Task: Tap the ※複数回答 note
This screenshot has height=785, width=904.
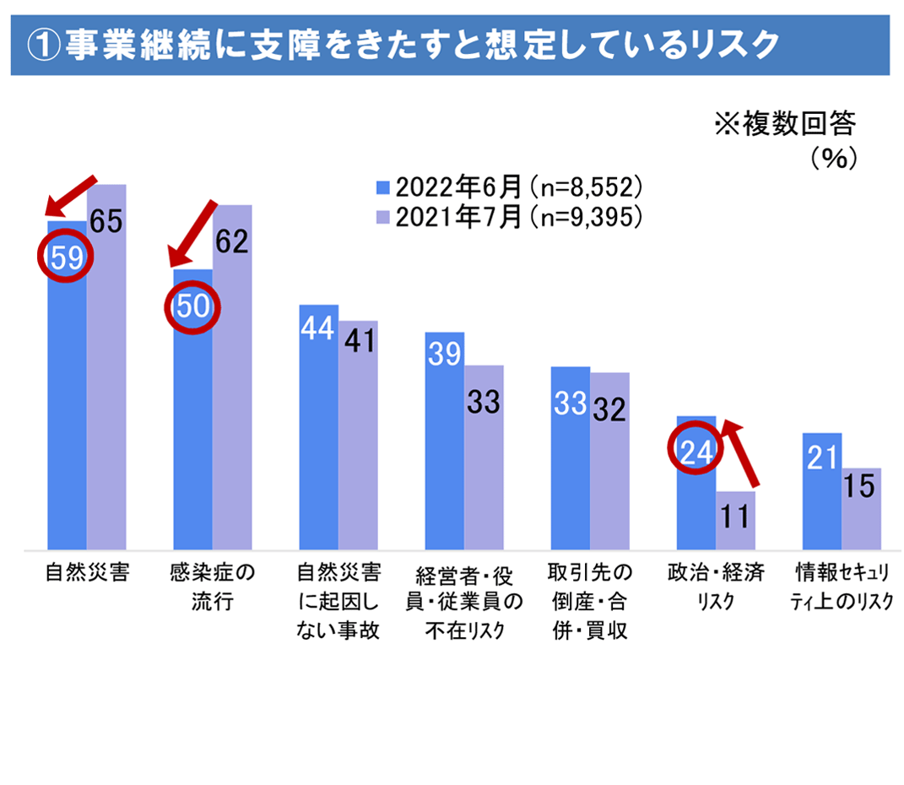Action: tap(784, 126)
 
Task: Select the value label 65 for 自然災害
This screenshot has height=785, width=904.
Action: tap(106, 223)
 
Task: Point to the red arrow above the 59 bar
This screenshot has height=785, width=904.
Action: tap(72, 196)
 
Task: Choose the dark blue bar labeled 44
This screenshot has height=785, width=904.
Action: tap(319, 426)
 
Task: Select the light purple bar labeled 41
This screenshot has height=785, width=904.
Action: tap(359, 435)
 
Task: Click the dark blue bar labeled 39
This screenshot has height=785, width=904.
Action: tap(444, 440)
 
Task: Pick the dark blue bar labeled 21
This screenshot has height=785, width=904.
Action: tap(821, 490)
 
